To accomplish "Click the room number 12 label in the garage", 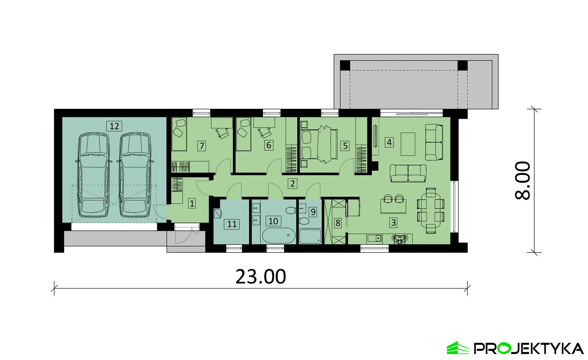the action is click(114, 126).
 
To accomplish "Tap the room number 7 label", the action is click(202, 146).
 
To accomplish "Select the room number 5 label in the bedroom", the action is click(345, 145).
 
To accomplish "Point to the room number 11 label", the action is click(232, 224).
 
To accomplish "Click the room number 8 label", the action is click(338, 223).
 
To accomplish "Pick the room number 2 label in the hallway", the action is click(292, 183).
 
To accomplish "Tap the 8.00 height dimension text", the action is click(523, 181).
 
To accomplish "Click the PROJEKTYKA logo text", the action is click(528, 349).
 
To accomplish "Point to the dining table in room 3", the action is click(431, 211).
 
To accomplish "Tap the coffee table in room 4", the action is click(408, 144).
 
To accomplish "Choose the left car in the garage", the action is click(94, 175).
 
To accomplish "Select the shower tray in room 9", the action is click(310, 237).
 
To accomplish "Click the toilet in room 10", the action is click(291, 211).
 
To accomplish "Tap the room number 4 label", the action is click(389, 143).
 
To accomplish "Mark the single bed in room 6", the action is click(243, 135).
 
